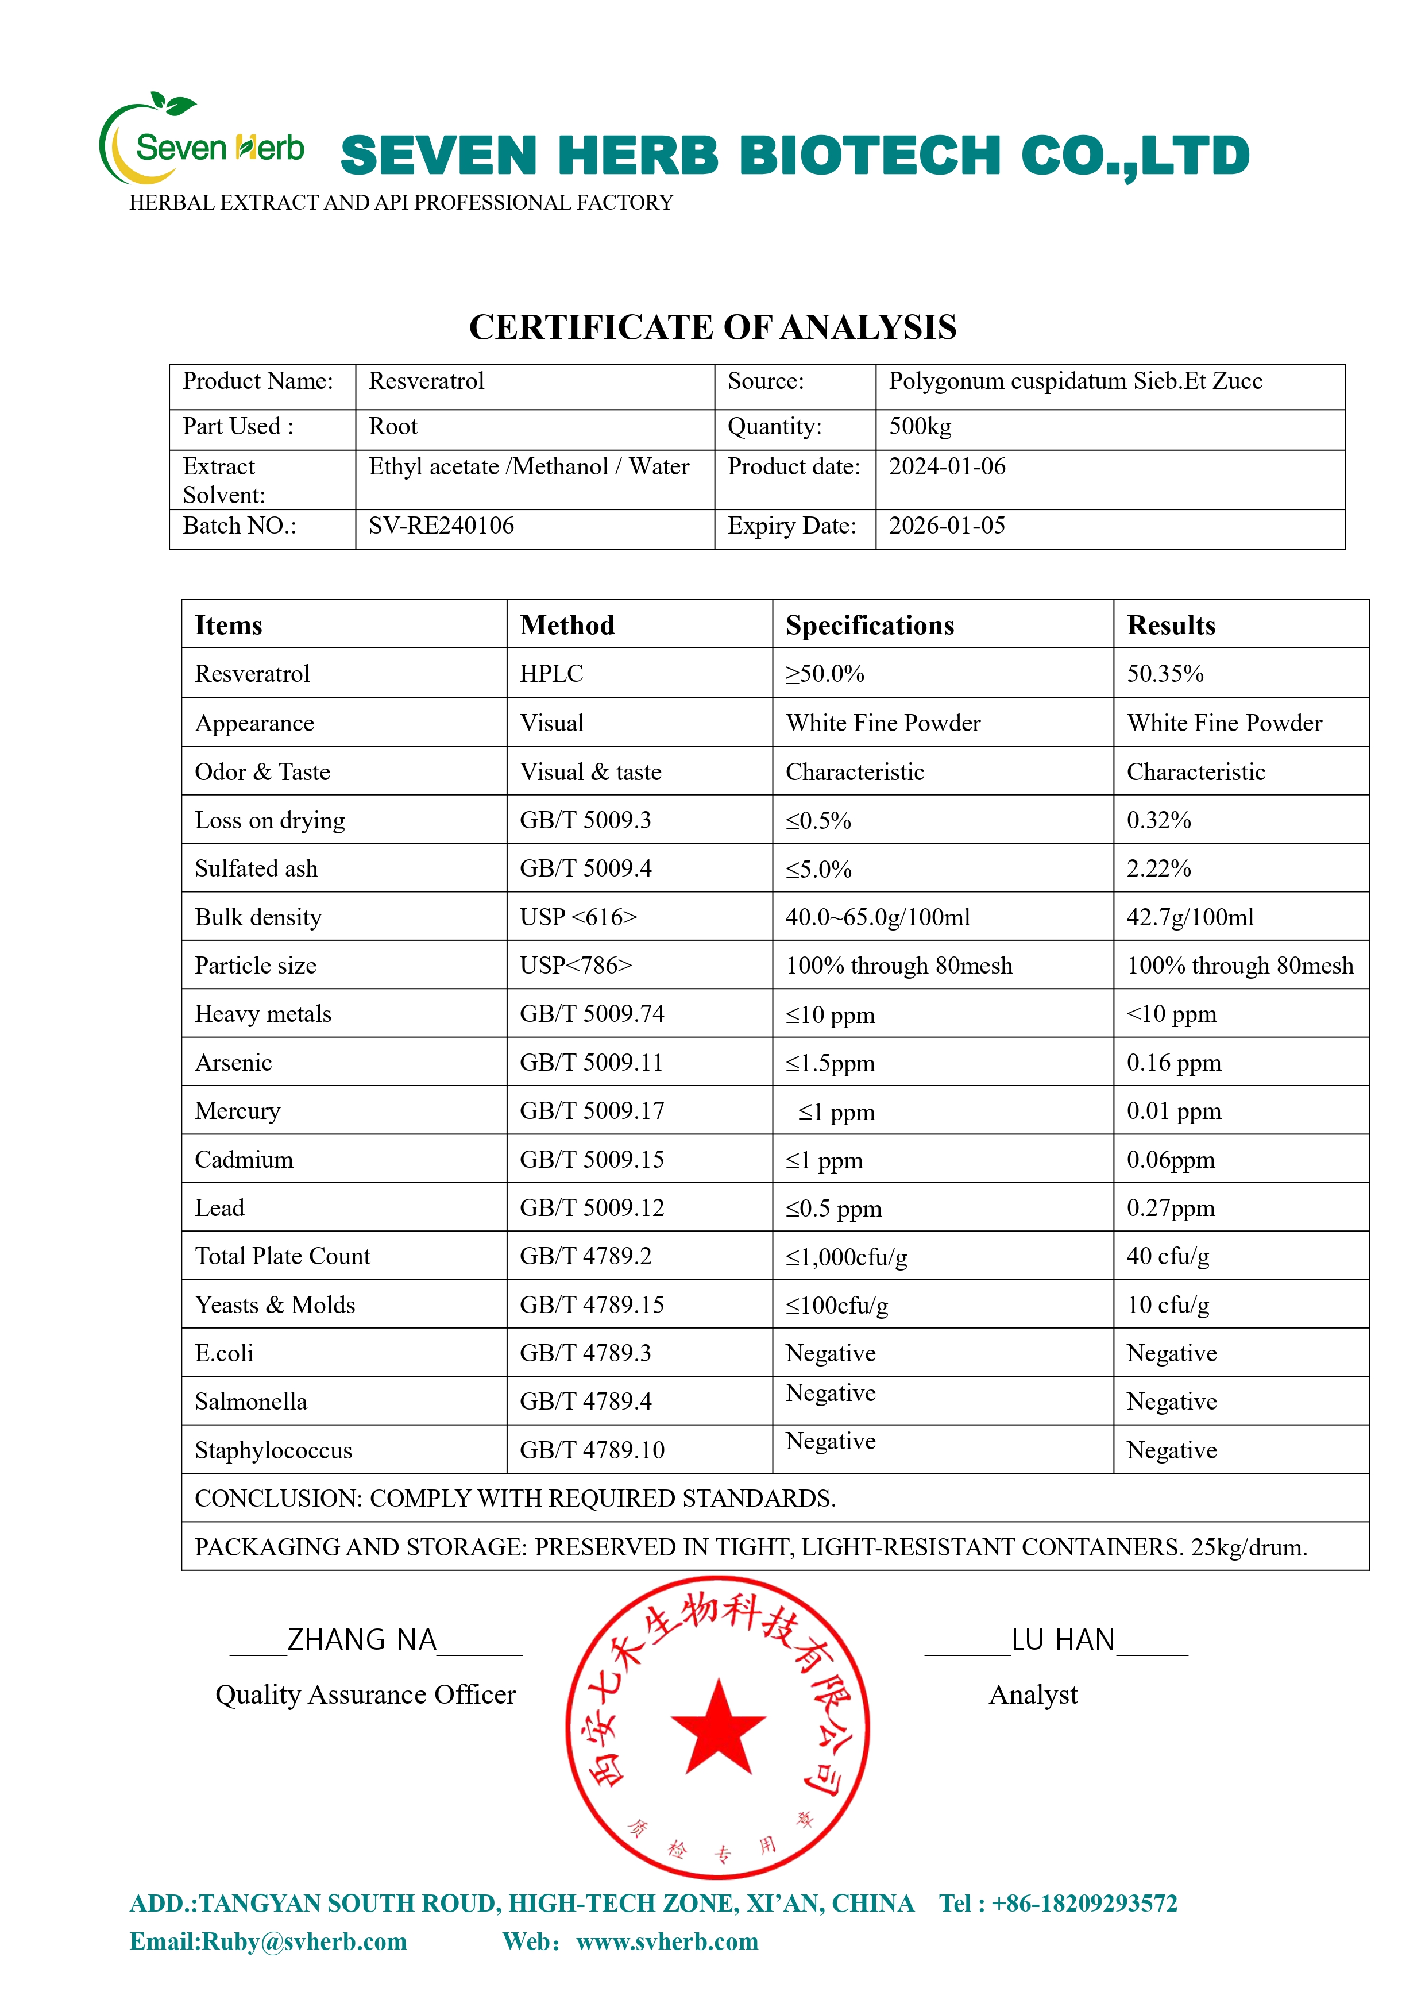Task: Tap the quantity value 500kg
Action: click(x=920, y=427)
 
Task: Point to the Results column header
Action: click(x=1171, y=625)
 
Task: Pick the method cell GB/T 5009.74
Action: click(x=592, y=1014)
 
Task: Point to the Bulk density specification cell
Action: click(x=878, y=917)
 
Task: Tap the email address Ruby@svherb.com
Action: click(x=304, y=1941)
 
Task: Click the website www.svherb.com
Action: click(x=667, y=1941)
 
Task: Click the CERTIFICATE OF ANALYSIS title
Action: click(x=712, y=327)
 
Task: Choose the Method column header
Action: click(x=567, y=625)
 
